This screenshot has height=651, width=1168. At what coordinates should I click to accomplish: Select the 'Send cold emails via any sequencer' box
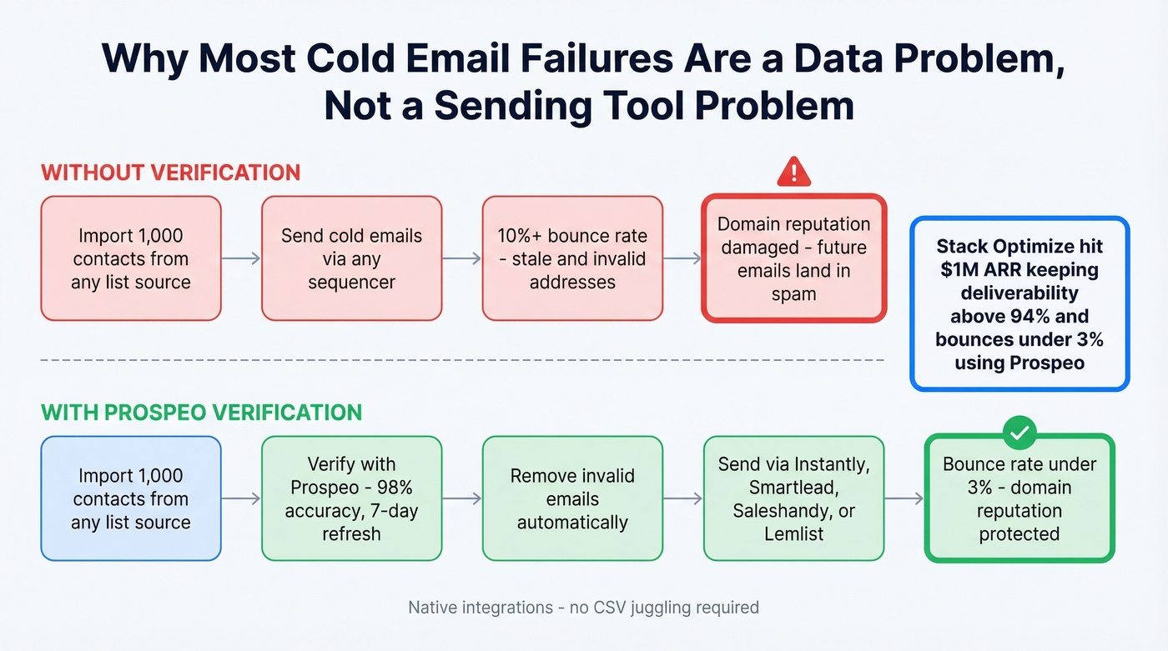point(351,258)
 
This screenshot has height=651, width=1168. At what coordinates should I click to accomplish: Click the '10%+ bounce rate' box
point(572,258)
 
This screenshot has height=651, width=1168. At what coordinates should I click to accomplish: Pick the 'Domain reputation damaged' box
point(793,258)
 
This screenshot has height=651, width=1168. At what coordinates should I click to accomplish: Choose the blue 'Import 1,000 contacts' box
point(131,498)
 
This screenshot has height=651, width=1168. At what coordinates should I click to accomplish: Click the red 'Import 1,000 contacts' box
point(131,258)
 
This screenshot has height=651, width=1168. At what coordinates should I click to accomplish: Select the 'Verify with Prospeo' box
point(351,498)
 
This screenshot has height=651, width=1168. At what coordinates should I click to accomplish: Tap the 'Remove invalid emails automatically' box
point(572,498)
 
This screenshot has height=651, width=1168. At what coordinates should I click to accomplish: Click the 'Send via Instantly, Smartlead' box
point(793,498)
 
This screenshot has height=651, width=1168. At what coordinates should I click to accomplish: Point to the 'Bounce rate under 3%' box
point(1019,498)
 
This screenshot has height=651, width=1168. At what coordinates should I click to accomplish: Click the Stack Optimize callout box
point(1019,303)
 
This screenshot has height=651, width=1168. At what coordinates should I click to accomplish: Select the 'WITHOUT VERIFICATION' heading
point(170,173)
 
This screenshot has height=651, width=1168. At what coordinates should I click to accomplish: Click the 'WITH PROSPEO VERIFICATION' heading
point(201,412)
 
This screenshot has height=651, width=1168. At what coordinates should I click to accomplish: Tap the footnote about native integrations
point(583,607)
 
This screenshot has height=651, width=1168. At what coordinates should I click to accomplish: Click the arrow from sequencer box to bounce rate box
point(462,258)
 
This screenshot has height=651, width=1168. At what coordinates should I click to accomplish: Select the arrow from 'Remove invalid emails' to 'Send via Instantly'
point(683,498)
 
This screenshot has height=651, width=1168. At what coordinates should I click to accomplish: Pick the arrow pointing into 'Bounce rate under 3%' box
point(904,498)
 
